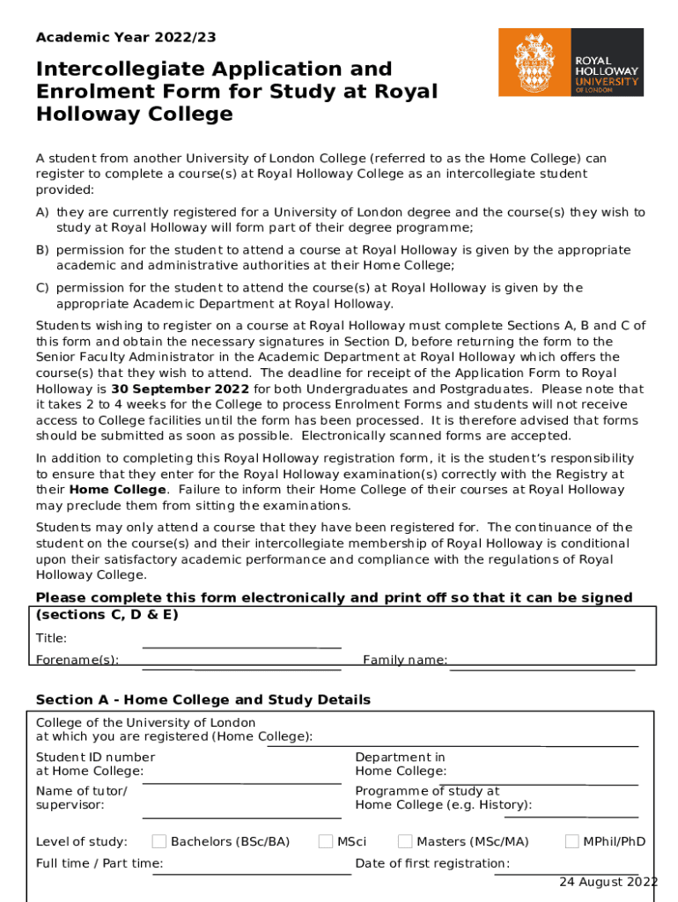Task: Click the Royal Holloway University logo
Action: point(571,62)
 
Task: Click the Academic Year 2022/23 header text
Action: point(126,38)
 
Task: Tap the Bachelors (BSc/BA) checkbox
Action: point(159,841)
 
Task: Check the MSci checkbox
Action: point(326,841)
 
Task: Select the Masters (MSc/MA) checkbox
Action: point(405,841)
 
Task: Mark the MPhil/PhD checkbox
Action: point(572,841)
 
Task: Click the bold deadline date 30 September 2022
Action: point(181,388)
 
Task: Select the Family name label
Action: point(405,660)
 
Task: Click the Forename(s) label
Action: point(77,660)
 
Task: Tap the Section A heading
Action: point(203,699)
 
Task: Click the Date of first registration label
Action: point(432,863)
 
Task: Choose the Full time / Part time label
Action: point(99,863)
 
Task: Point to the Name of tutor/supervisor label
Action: point(81,798)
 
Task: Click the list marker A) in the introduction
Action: point(42,212)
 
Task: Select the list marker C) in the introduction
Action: point(42,288)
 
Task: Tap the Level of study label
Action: point(81,841)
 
